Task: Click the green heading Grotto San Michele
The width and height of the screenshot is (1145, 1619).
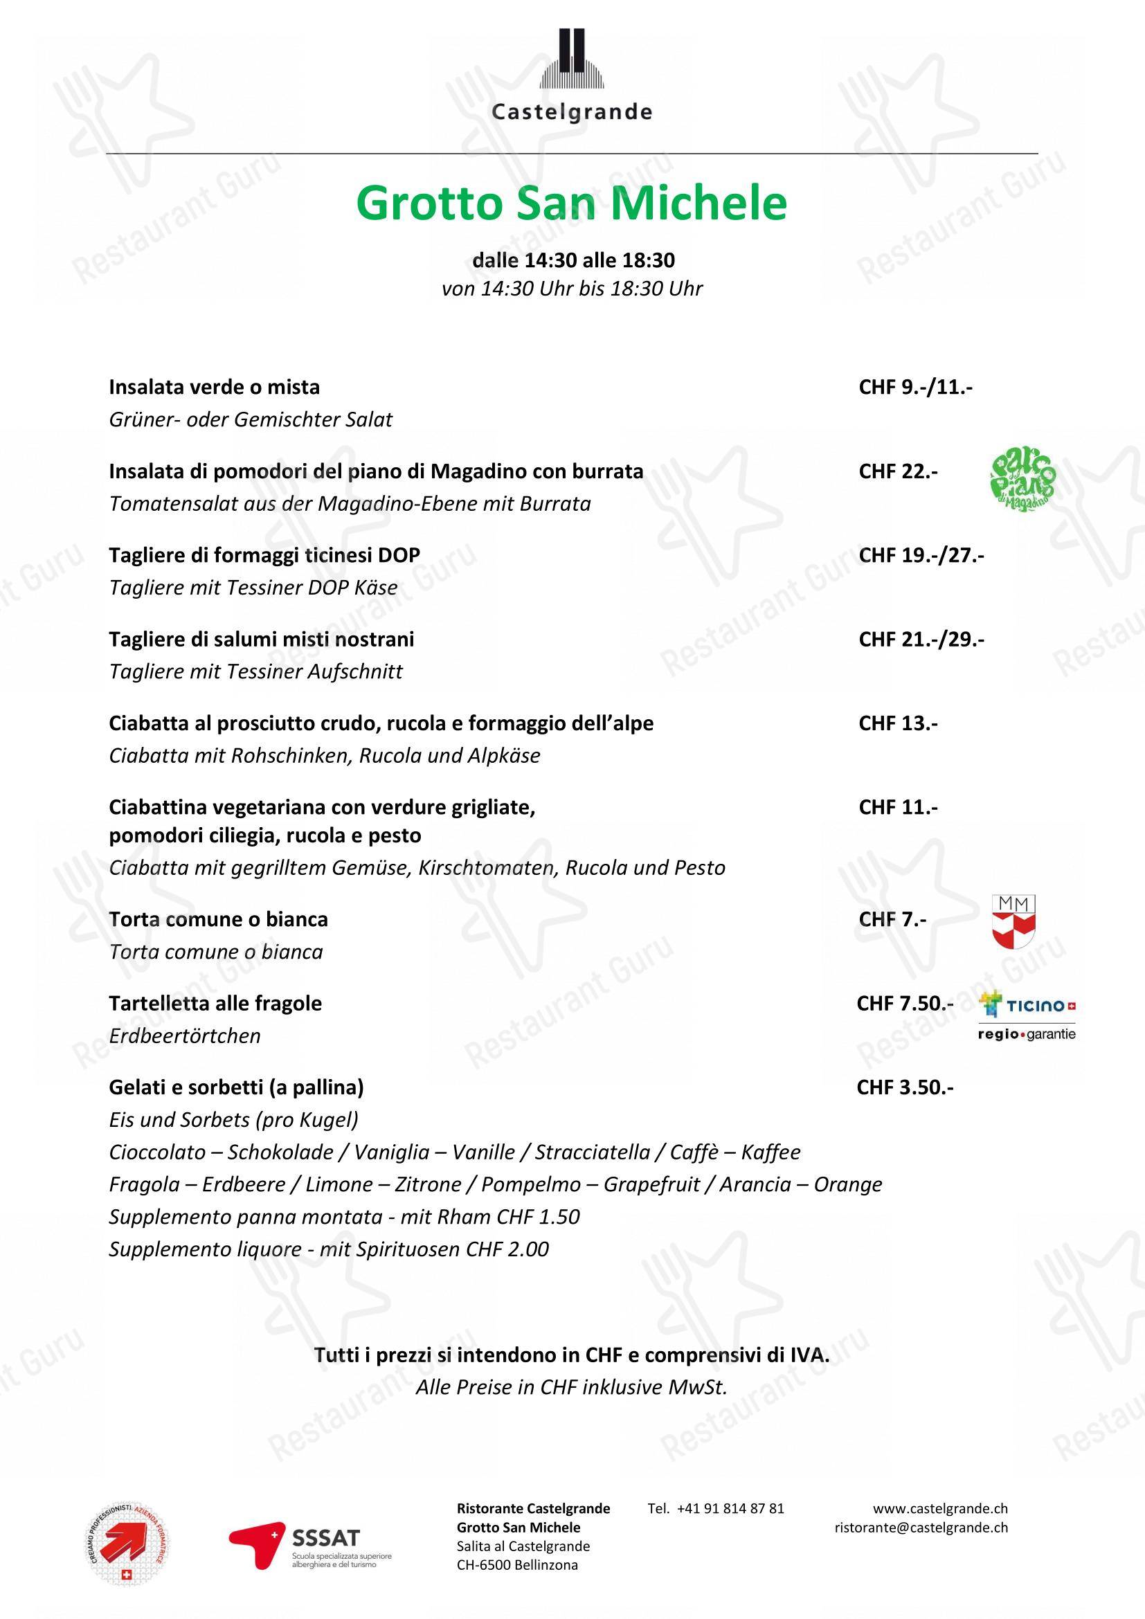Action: click(572, 203)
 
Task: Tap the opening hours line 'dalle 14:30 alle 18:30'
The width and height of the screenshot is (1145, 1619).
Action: click(573, 260)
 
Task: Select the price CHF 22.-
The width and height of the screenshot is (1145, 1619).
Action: click(898, 471)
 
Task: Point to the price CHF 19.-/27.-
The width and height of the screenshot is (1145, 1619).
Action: click(921, 555)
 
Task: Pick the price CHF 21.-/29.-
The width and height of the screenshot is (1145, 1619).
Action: click(921, 639)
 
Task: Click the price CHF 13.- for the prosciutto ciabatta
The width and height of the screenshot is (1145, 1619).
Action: click(898, 723)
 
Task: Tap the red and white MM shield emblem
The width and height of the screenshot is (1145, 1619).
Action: click(1013, 921)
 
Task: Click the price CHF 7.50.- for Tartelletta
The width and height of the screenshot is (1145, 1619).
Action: click(905, 1004)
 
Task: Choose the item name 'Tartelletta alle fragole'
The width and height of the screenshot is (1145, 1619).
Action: click(215, 1004)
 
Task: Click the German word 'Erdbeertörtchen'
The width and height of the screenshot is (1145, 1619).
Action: click(185, 1036)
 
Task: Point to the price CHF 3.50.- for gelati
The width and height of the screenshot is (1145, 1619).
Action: click(905, 1087)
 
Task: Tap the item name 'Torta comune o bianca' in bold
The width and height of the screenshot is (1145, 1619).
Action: click(218, 919)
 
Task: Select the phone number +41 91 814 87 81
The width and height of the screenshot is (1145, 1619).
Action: click(716, 1508)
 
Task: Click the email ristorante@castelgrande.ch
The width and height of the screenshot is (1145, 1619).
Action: click(921, 1528)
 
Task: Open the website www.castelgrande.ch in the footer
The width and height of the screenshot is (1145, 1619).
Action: click(940, 1508)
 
